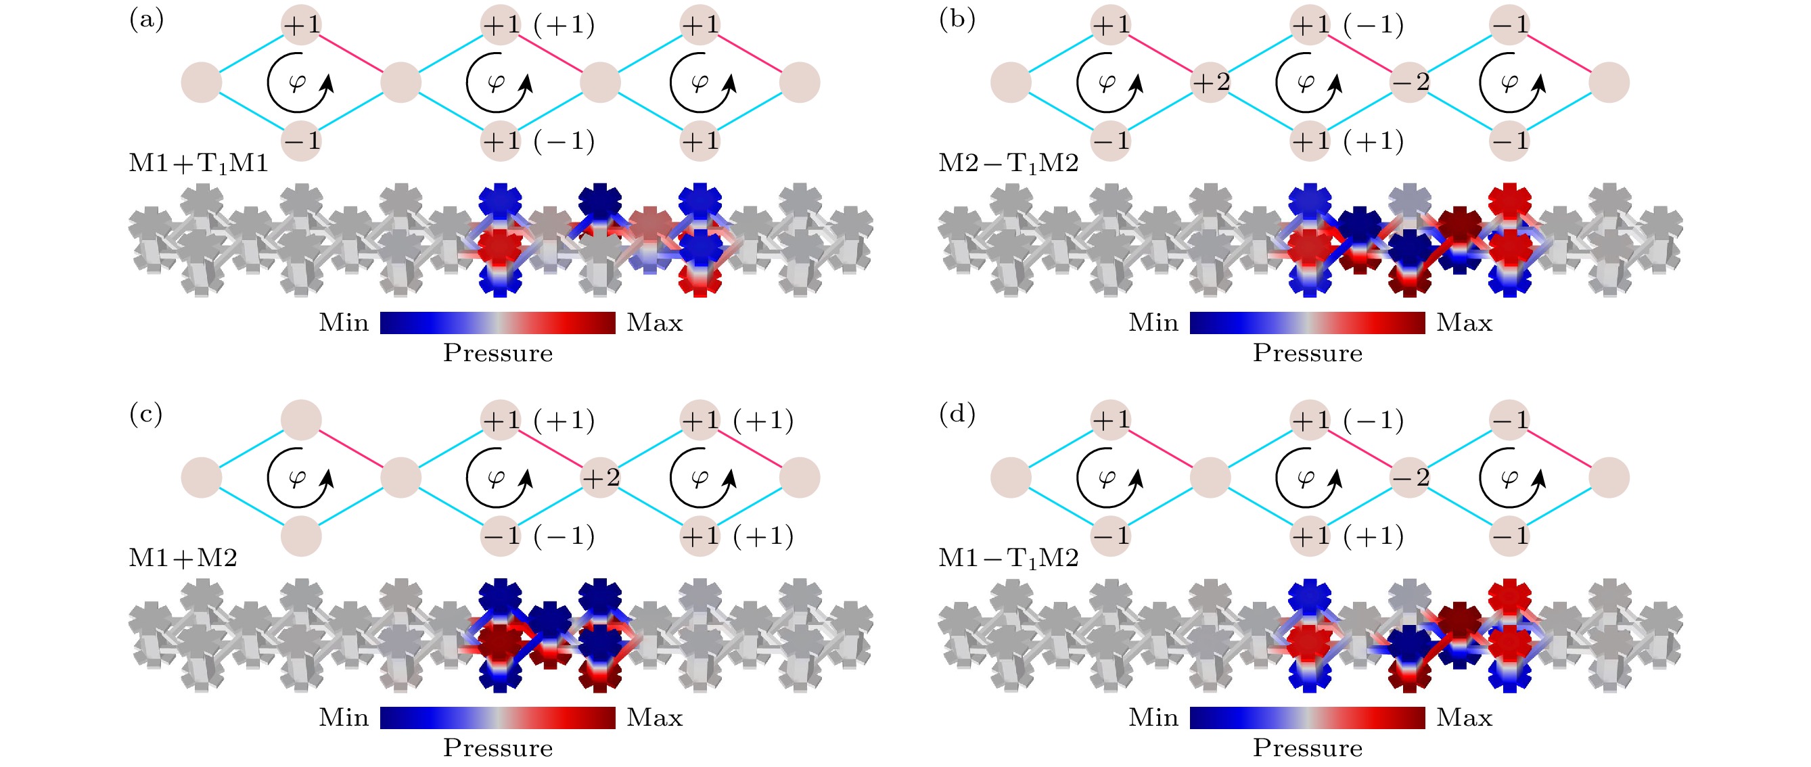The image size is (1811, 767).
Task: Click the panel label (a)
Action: pyautogui.click(x=146, y=19)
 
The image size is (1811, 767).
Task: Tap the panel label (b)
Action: pyautogui.click(x=957, y=19)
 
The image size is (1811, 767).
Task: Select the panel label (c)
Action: pyautogui.click(x=145, y=414)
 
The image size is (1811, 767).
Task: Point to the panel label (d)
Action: pyautogui.click(x=957, y=414)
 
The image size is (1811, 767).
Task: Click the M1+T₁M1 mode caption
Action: pyautogui.click(x=198, y=164)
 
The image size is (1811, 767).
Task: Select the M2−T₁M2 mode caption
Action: pyautogui.click(x=1008, y=164)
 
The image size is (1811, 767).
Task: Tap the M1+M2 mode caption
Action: pyautogui.click(x=183, y=558)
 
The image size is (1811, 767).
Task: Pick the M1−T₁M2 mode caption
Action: pyautogui.click(x=1008, y=559)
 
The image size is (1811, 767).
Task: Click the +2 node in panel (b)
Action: pyautogui.click(x=1211, y=83)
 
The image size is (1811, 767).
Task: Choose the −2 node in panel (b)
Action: pyautogui.click(x=1411, y=83)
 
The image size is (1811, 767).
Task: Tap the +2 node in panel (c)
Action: pyautogui.click(x=600, y=478)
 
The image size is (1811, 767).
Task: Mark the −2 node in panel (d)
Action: pyautogui.click(x=1411, y=478)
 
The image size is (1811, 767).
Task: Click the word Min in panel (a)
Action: pyautogui.click(x=344, y=323)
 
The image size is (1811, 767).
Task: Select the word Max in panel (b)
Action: pyautogui.click(x=1465, y=323)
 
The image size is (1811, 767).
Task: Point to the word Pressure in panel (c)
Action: pyautogui.click(x=498, y=748)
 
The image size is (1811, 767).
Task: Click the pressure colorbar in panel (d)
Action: pyautogui.click(x=1308, y=718)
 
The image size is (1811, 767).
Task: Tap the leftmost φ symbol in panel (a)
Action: pyautogui.click(x=298, y=83)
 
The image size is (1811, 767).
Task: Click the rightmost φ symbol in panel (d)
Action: pyautogui.click(x=1509, y=478)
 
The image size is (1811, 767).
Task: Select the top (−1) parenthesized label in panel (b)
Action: pyautogui.click(x=1373, y=25)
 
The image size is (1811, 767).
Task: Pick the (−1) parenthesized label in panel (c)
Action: pyautogui.click(x=564, y=536)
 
